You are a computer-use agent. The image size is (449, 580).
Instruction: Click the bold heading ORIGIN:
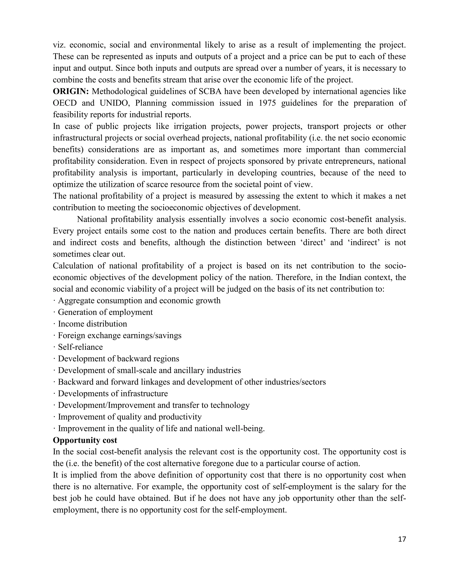(x=71, y=91)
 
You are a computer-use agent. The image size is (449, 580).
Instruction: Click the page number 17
(x=402, y=539)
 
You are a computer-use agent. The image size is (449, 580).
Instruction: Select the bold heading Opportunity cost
(x=85, y=440)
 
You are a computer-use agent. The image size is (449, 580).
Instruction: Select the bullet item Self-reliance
(x=80, y=347)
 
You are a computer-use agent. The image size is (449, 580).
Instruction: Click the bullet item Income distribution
(x=92, y=324)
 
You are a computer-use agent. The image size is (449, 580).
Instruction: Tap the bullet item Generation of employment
(x=105, y=312)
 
